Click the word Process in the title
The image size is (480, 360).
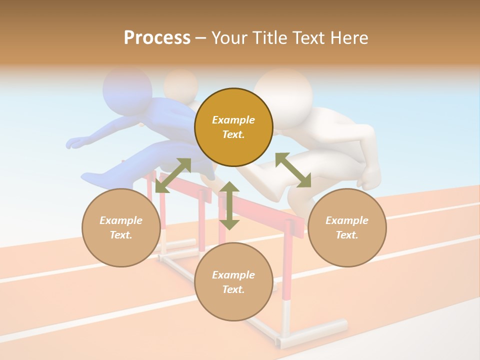157,38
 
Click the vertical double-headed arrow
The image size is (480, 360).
229,205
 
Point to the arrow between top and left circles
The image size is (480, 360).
173,175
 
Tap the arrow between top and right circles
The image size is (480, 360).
293,170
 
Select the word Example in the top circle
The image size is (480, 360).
233,120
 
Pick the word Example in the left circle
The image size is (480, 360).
121,220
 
